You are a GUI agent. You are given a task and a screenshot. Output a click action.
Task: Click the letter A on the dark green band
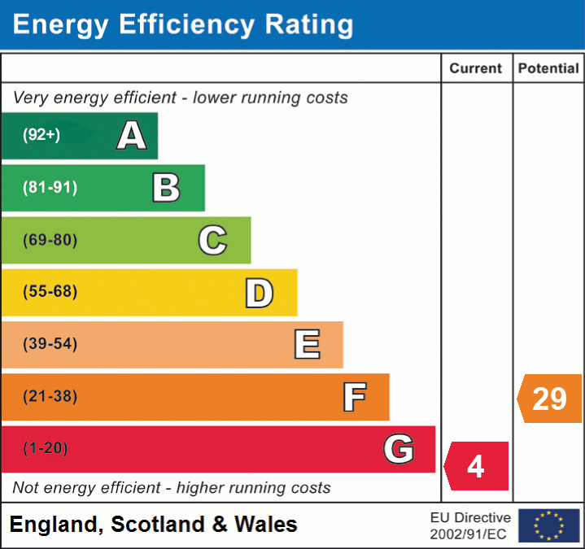(x=132, y=136)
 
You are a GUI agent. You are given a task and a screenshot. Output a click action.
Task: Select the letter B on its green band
(x=166, y=188)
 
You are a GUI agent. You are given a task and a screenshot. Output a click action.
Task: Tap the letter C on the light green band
(x=212, y=240)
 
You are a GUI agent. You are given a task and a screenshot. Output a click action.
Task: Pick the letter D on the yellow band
(x=259, y=293)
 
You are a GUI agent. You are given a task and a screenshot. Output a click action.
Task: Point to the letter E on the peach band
(x=307, y=345)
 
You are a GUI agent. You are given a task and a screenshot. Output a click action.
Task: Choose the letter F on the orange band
(x=354, y=397)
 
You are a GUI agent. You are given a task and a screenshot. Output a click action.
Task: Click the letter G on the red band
(x=399, y=449)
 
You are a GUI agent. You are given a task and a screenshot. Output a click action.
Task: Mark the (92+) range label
(x=41, y=135)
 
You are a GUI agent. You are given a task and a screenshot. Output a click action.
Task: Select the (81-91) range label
(x=50, y=188)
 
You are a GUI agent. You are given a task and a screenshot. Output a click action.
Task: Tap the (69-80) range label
(x=50, y=240)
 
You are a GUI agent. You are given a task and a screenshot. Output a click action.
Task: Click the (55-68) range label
(x=50, y=292)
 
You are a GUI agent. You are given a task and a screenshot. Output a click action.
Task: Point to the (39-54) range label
(x=50, y=344)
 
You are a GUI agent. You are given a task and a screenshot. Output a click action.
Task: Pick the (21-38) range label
(x=50, y=397)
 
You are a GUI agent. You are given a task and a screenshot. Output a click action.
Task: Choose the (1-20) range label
(x=46, y=448)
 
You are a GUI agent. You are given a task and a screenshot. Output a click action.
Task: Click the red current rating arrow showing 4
(x=477, y=466)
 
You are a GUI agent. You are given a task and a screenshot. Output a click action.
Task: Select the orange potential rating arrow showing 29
(x=550, y=399)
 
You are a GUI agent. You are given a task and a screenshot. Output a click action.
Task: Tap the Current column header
(x=476, y=69)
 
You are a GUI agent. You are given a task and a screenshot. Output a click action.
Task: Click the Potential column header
(x=548, y=69)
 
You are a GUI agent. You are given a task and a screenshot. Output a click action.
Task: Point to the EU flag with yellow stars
(x=548, y=525)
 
